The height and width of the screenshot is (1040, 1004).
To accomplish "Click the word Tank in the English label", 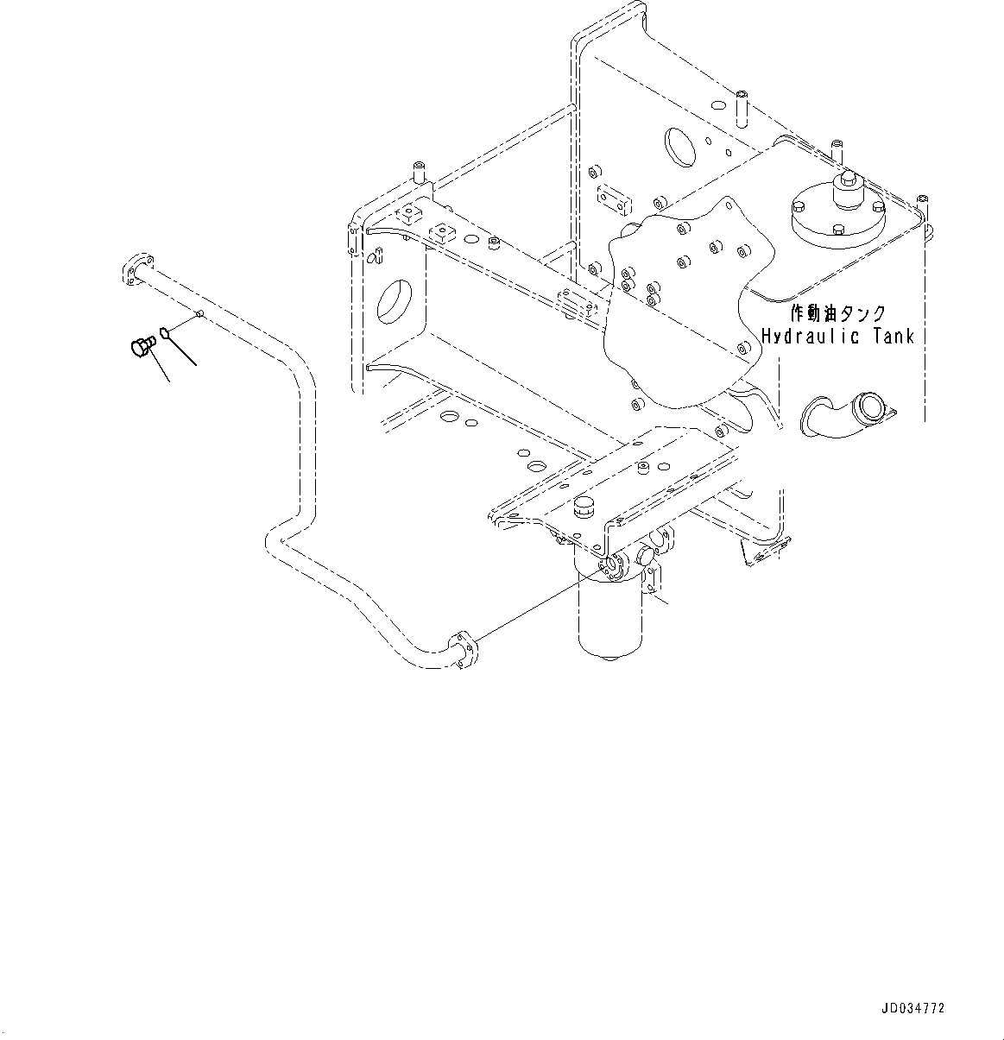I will [x=888, y=336].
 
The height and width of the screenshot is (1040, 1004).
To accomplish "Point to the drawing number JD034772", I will [x=912, y=1008].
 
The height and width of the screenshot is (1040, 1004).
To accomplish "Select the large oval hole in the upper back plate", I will [x=680, y=146].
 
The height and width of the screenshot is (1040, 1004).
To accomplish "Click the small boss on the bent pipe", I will [x=199, y=314].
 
